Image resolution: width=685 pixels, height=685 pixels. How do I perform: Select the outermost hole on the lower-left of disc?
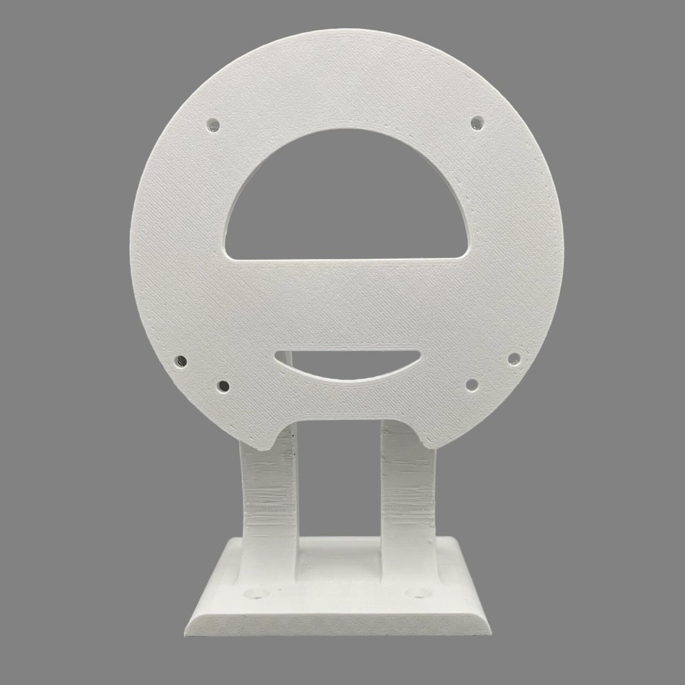[x=181, y=361]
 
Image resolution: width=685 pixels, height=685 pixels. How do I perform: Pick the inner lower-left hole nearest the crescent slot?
[x=223, y=387]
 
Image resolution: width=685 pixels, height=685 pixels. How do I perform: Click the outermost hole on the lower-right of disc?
[x=513, y=358]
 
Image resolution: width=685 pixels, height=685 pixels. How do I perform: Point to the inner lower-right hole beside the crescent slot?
[x=471, y=385]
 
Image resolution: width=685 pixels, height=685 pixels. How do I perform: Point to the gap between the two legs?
[x=338, y=485]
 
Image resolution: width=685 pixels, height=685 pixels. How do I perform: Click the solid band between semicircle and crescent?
[x=347, y=303]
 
